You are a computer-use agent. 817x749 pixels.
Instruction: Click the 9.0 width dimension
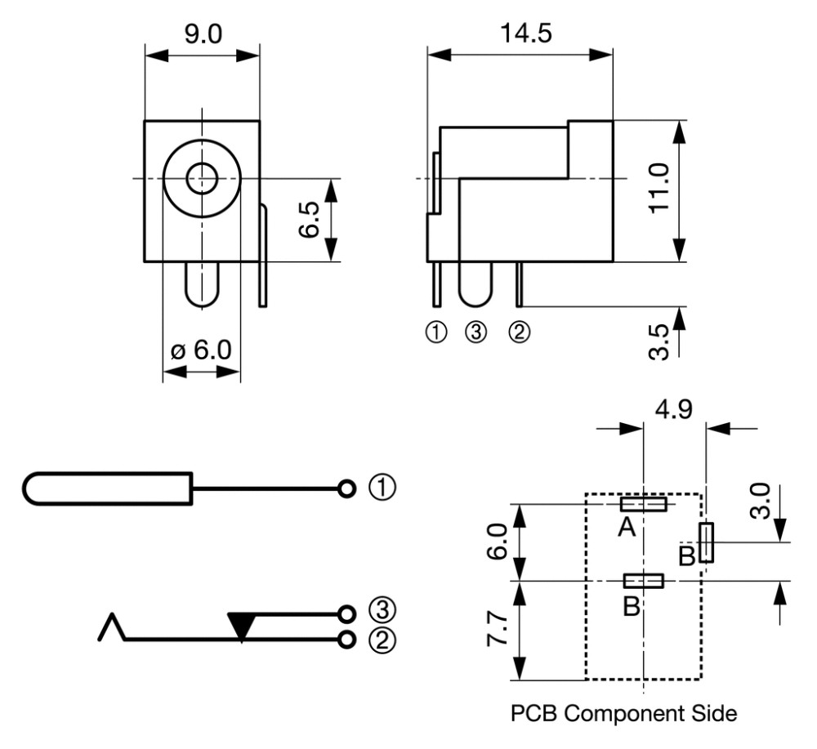[203, 34]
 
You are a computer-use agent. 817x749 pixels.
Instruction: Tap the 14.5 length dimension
[525, 33]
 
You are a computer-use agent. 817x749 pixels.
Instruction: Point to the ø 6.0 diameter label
[201, 350]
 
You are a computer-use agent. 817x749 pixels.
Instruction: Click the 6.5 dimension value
[309, 219]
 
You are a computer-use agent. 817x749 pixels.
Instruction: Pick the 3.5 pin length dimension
[659, 341]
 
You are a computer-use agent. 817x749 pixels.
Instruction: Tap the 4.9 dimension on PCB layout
[674, 409]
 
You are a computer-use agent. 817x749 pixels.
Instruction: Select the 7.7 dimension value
[497, 629]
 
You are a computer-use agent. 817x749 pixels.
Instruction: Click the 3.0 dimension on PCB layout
[760, 501]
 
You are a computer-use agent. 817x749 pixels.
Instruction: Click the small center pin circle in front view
[202, 178]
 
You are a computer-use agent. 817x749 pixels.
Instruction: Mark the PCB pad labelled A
[644, 504]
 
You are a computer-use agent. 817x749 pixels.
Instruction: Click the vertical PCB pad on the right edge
[706, 542]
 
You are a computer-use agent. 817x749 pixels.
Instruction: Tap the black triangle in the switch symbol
[241, 626]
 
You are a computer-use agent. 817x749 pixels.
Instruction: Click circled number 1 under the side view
[436, 332]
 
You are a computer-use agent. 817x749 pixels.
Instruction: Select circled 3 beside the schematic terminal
[382, 609]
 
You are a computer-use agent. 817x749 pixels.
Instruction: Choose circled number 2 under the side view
[519, 332]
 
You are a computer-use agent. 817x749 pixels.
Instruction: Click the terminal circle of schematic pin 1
[346, 488]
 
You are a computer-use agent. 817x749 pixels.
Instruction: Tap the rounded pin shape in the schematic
[108, 488]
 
